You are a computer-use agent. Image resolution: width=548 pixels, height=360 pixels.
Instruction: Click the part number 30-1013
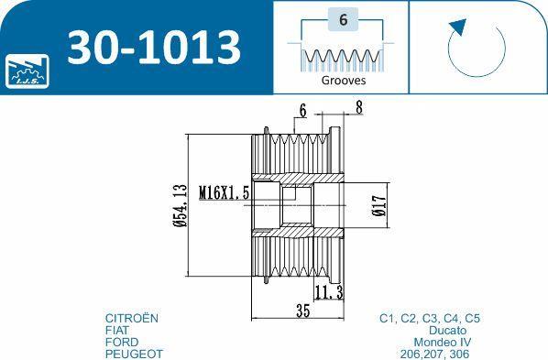(154, 48)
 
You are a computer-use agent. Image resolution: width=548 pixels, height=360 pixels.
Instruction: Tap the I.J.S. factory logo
(27, 71)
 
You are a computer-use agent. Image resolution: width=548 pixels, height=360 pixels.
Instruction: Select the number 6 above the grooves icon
(344, 19)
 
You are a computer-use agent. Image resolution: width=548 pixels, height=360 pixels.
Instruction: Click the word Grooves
(344, 81)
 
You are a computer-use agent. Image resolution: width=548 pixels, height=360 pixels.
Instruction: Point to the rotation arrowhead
(458, 27)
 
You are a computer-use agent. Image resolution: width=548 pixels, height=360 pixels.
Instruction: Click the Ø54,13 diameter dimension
(181, 205)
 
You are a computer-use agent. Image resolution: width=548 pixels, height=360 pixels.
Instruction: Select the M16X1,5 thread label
(224, 192)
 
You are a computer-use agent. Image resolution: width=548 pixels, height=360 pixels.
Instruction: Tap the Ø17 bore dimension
(379, 205)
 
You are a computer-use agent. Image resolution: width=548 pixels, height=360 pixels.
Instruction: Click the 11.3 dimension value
(329, 292)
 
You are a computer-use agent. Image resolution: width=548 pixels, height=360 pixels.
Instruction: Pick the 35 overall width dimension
(302, 311)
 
